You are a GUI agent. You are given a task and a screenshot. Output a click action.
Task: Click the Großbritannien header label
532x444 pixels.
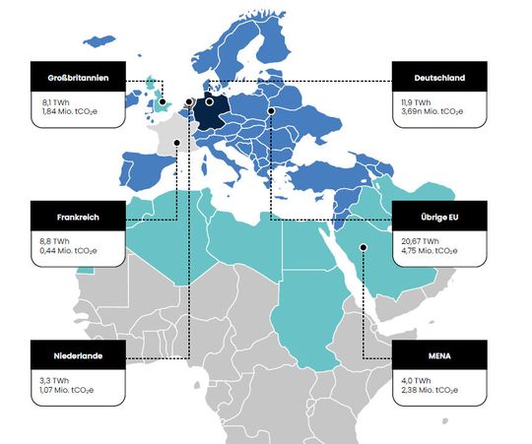78,77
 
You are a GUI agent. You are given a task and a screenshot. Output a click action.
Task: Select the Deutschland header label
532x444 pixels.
439,77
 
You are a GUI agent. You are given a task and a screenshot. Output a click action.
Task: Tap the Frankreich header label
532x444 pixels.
78,216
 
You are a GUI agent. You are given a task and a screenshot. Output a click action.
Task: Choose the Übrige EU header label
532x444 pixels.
439,216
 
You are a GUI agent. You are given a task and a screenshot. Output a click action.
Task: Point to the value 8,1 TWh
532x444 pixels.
51,100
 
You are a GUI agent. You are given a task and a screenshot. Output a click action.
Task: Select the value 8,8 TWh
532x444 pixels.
51,239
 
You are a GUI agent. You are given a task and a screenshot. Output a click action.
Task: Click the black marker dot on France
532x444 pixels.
176,143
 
